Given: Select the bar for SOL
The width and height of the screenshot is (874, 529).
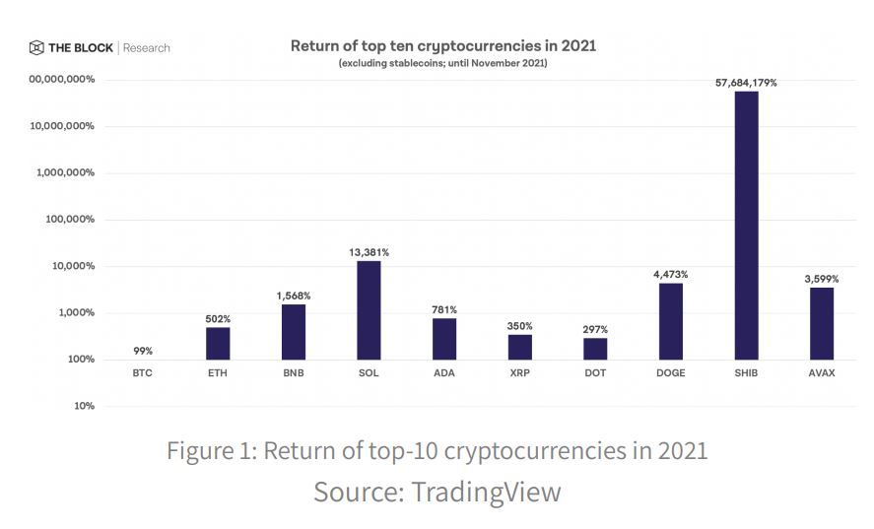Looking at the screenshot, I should [369, 309].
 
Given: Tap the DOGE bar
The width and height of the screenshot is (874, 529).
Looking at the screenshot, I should [670, 321].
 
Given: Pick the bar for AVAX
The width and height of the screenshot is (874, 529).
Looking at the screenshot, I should [822, 323].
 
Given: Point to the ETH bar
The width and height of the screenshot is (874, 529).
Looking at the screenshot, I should [218, 343].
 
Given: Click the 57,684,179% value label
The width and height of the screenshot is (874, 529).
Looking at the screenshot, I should [746, 83].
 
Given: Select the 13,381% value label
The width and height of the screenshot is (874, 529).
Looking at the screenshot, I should [369, 252].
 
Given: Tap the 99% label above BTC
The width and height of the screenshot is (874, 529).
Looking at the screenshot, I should [142, 351].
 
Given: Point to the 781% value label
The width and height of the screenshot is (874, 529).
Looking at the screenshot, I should [444, 309].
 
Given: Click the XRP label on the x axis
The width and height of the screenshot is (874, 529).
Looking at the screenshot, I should [519, 373].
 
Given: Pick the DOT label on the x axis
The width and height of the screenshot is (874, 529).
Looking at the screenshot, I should [595, 373].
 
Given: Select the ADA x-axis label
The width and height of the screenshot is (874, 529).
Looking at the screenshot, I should [444, 373].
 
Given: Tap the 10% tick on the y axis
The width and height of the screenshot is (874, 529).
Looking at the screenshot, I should [84, 406].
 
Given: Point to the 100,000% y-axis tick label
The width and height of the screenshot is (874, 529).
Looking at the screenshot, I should [69, 220].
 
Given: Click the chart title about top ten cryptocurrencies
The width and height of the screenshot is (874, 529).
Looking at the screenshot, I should [442, 45].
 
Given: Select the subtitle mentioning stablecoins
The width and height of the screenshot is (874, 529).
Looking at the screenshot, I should [442, 63].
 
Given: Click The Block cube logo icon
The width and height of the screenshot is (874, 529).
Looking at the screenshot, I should [36, 47].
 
